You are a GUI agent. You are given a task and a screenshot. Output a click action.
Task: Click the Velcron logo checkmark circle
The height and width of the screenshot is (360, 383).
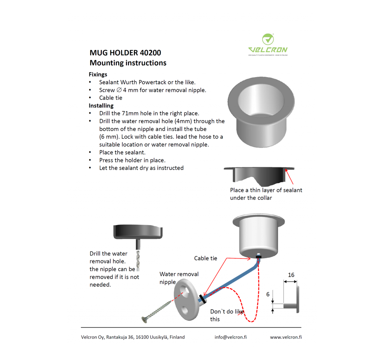coord(268,39)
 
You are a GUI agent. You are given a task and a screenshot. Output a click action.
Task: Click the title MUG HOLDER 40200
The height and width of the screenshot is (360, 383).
coord(125,53)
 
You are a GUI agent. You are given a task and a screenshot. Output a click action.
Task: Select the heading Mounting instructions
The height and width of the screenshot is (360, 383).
coord(128,63)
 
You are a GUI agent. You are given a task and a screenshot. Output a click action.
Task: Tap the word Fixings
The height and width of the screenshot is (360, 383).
coord(98,74)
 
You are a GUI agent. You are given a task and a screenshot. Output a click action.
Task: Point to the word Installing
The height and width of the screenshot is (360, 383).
coord(101,106)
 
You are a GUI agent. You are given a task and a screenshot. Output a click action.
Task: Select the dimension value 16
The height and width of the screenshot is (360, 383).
coord(291,275)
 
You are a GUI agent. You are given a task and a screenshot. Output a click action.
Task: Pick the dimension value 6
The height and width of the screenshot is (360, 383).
coord(268,295)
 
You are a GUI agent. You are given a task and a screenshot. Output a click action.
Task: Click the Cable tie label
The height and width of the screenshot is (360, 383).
coord(205,258)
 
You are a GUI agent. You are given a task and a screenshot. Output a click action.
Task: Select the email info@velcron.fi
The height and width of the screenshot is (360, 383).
coord(230,337)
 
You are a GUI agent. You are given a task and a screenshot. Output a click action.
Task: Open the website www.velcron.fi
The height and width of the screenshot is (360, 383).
coord(286,337)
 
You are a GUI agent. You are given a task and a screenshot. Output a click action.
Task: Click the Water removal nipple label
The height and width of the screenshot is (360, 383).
coord(179,278)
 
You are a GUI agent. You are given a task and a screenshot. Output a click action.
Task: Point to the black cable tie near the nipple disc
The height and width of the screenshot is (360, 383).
coord(203,299)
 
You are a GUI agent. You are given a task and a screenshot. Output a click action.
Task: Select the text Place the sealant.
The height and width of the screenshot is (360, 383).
coord(122,152)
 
